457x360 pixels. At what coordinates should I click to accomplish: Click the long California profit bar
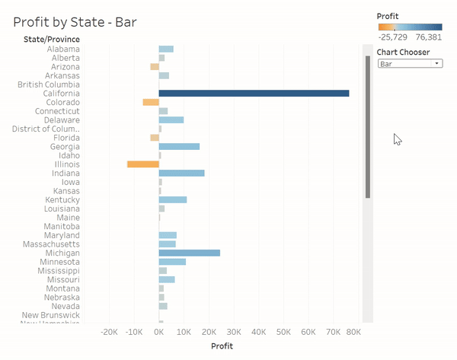pyautogui.click(x=254, y=93)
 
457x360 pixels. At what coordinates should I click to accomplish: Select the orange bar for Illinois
pyautogui.click(x=142, y=164)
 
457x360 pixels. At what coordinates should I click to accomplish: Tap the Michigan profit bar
pyautogui.click(x=189, y=253)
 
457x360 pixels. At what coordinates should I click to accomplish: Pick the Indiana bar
pyautogui.click(x=181, y=173)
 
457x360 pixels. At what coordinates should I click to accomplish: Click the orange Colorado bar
pyautogui.click(x=150, y=102)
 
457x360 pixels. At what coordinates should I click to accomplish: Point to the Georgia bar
pyautogui.click(x=179, y=146)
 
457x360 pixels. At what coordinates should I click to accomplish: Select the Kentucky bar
pyautogui.click(x=172, y=199)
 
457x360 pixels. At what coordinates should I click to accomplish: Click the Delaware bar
pyautogui.click(x=171, y=119)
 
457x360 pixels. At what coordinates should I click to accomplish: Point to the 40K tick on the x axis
pyautogui.click(x=258, y=332)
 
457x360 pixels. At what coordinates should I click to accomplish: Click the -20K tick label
pyautogui.click(x=109, y=332)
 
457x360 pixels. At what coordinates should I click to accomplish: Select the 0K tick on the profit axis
pyautogui.click(x=158, y=332)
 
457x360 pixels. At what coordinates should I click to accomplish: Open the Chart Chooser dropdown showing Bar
pyautogui.click(x=410, y=64)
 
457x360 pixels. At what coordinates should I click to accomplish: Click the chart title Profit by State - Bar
pyautogui.click(x=75, y=23)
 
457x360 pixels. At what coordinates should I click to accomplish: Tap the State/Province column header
pyautogui.click(x=52, y=39)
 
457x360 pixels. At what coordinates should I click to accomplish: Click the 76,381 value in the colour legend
pyautogui.click(x=429, y=37)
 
